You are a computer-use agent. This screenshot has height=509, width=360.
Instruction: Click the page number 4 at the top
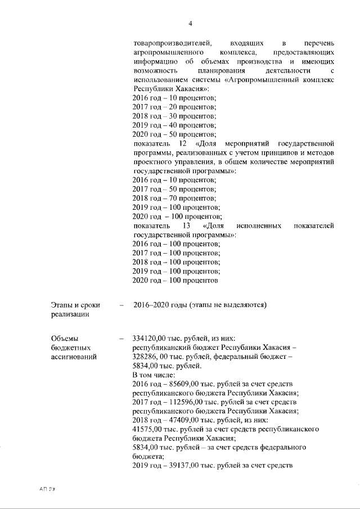[x=190, y=23]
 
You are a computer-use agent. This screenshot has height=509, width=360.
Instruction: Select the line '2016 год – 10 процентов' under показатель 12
[x=174, y=180]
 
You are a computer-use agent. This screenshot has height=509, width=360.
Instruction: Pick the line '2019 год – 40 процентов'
[x=174, y=125]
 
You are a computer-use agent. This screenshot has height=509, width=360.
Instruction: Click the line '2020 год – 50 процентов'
[x=174, y=134]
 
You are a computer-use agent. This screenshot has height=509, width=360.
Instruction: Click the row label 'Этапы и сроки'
[x=75, y=305]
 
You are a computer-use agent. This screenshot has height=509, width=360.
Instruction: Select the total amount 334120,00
[x=151, y=339]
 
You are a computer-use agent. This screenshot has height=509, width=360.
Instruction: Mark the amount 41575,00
[x=148, y=429]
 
